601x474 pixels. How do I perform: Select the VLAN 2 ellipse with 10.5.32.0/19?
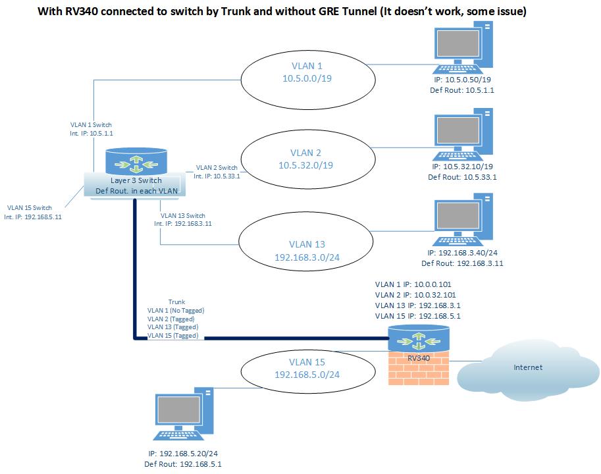(307, 159)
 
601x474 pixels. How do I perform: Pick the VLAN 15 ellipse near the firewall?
(307, 368)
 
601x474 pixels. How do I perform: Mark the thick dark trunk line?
(263, 339)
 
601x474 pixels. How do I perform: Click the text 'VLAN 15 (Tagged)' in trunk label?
(172, 335)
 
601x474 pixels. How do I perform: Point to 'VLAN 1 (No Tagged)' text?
(176, 310)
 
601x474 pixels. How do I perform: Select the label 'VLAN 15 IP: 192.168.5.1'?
(417, 315)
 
